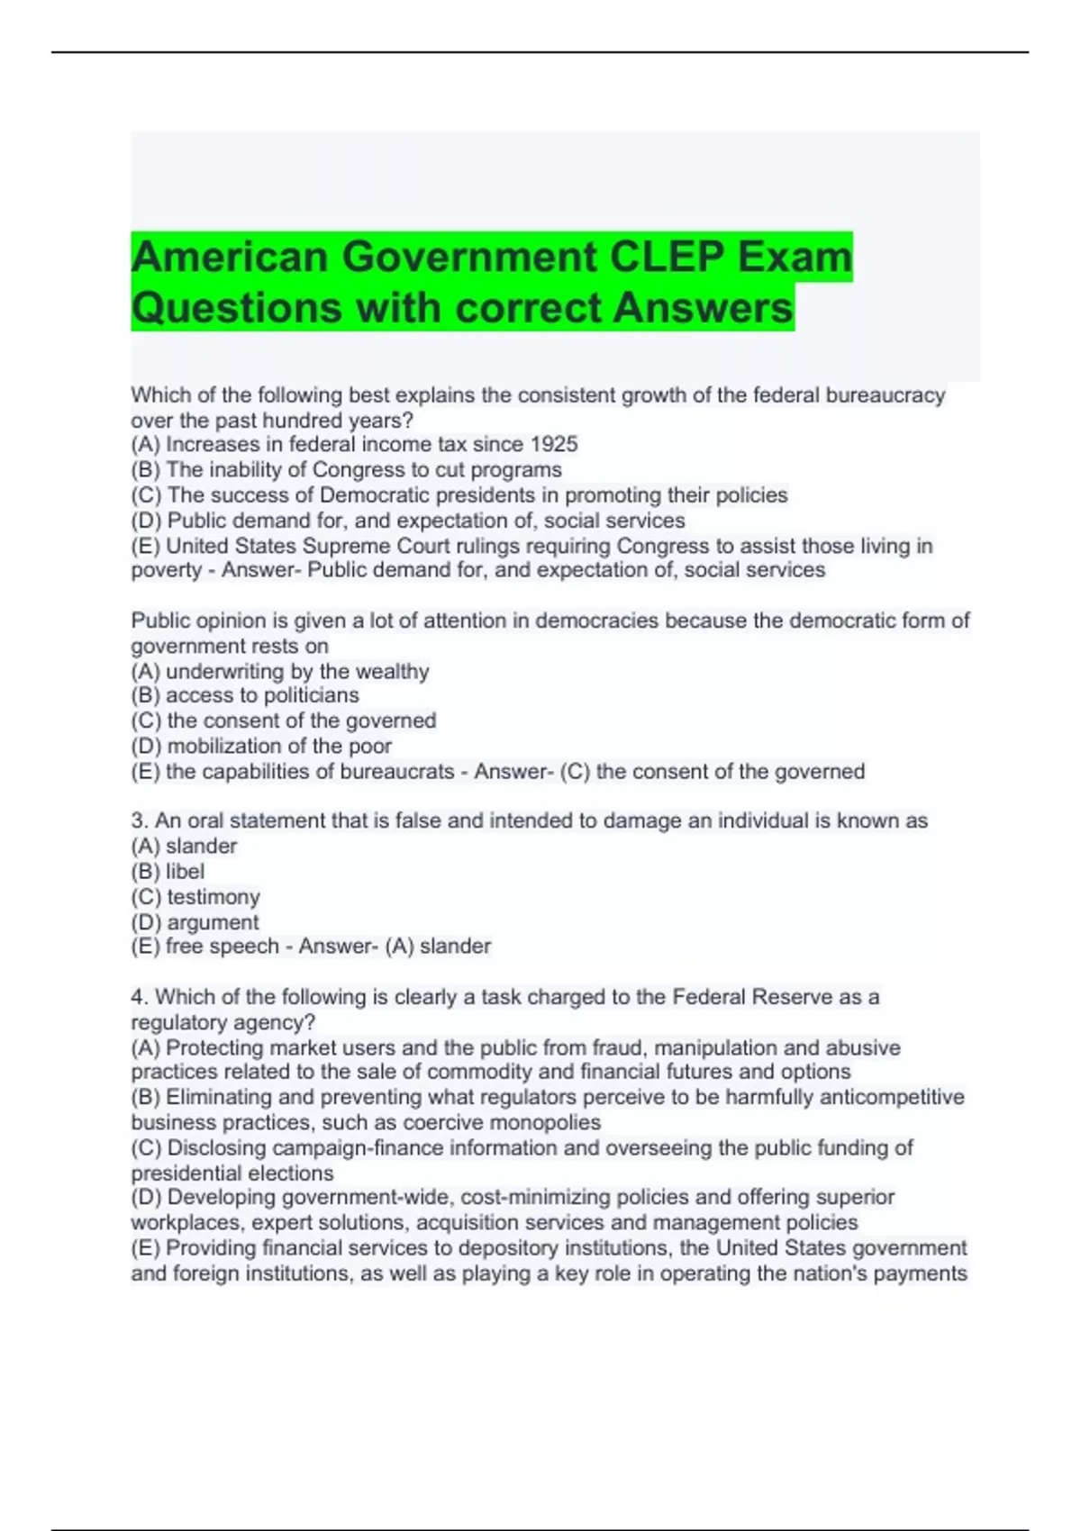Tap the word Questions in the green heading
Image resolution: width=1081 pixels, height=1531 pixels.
point(237,307)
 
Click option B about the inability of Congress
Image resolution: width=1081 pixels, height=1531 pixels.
point(346,469)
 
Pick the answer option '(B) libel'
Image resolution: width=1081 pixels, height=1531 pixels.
point(168,871)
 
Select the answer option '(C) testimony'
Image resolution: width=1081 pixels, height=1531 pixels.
point(195,896)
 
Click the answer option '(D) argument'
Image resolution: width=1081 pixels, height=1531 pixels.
point(195,921)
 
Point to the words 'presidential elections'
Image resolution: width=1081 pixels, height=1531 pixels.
point(232,1173)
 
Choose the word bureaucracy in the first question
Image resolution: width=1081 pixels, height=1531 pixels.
point(891,394)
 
